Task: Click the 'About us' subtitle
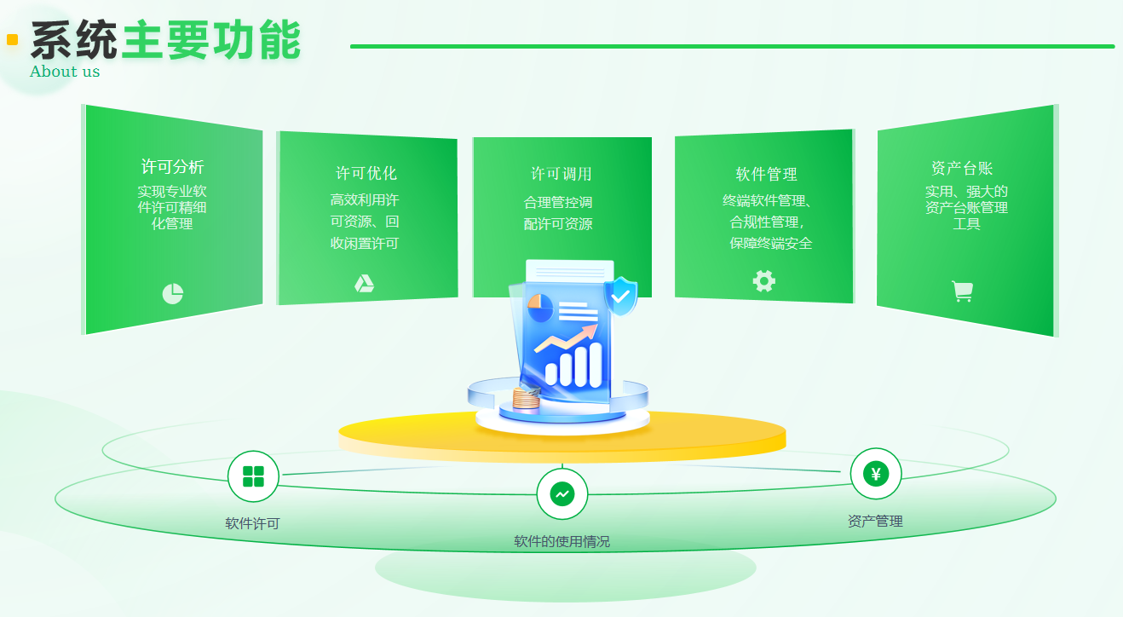[65, 72]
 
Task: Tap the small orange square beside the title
[13, 40]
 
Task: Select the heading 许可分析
[172, 166]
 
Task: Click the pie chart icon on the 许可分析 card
[173, 293]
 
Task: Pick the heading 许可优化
[366, 173]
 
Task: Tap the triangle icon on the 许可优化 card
[365, 284]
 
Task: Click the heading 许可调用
[561, 174]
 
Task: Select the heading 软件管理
[766, 174]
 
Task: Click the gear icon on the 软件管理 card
[764, 281]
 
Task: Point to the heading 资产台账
[962, 168]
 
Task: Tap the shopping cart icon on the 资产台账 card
[963, 291]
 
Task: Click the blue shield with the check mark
[621, 296]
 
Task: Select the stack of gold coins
[526, 400]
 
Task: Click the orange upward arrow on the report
[566, 337]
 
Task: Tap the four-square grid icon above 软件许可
[253, 476]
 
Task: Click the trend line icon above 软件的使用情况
[562, 494]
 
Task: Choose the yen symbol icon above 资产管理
[876, 474]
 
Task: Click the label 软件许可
[252, 524]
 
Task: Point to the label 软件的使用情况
[562, 542]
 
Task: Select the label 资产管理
[875, 522]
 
